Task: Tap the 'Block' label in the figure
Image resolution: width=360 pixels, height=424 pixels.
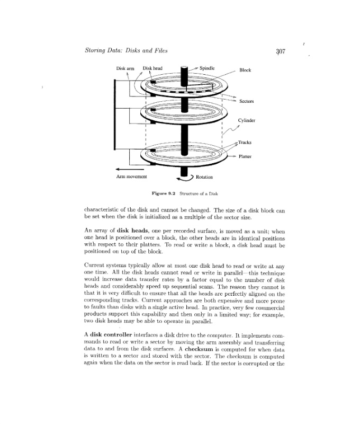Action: [245, 70]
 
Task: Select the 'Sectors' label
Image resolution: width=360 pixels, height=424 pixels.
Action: [247, 101]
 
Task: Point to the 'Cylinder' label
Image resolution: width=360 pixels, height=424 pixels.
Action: [246, 120]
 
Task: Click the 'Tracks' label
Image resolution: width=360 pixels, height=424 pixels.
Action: [245, 142]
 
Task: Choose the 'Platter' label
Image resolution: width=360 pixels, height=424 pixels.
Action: [245, 156]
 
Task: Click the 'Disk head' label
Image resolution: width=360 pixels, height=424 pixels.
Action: [153, 68]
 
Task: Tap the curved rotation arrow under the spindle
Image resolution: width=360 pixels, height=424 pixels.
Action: [183, 179]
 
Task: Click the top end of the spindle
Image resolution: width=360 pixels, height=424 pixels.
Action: [184, 68]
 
